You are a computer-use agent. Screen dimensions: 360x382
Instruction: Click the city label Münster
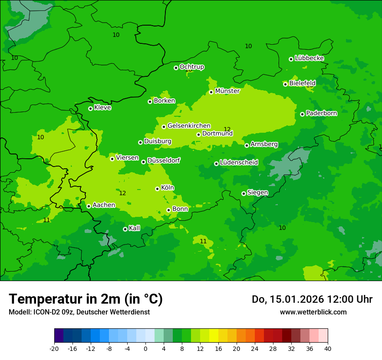click(x=227, y=91)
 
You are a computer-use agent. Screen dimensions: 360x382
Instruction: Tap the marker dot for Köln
click(x=157, y=189)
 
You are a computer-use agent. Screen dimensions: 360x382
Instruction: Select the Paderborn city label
click(x=321, y=113)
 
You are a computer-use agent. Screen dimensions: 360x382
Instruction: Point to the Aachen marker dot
click(x=89, y=206)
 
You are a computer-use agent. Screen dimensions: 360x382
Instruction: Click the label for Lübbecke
click(x=309, y=58)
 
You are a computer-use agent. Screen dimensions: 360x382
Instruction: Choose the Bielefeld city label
click(x=302, y=83)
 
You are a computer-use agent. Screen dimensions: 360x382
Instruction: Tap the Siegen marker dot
click(x=244, y=193)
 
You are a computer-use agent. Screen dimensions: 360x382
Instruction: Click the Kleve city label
click(x=102, y=108)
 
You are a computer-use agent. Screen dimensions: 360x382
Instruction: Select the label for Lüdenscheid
click(x=239, y=163)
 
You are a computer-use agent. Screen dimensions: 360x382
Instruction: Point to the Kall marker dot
click(x=125, y=229)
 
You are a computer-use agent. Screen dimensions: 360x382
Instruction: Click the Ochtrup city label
click(x=191, y=67)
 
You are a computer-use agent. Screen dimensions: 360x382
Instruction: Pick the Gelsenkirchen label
click(x=189, y=126)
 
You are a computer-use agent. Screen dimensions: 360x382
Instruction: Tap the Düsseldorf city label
click(x=163, y=160)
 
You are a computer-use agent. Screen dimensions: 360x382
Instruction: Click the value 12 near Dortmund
click(x=227, y=129)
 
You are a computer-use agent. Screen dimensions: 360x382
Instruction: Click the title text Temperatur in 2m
click(x=86, y=299)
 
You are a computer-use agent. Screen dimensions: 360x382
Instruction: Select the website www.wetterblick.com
click(x=313, y=312)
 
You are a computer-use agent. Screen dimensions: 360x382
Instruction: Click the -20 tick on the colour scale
click(x=54, y=348)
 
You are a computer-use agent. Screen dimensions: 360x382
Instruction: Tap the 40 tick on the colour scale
click(x=328, y=348)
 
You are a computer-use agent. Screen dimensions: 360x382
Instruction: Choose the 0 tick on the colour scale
click(x=145, y=348)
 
